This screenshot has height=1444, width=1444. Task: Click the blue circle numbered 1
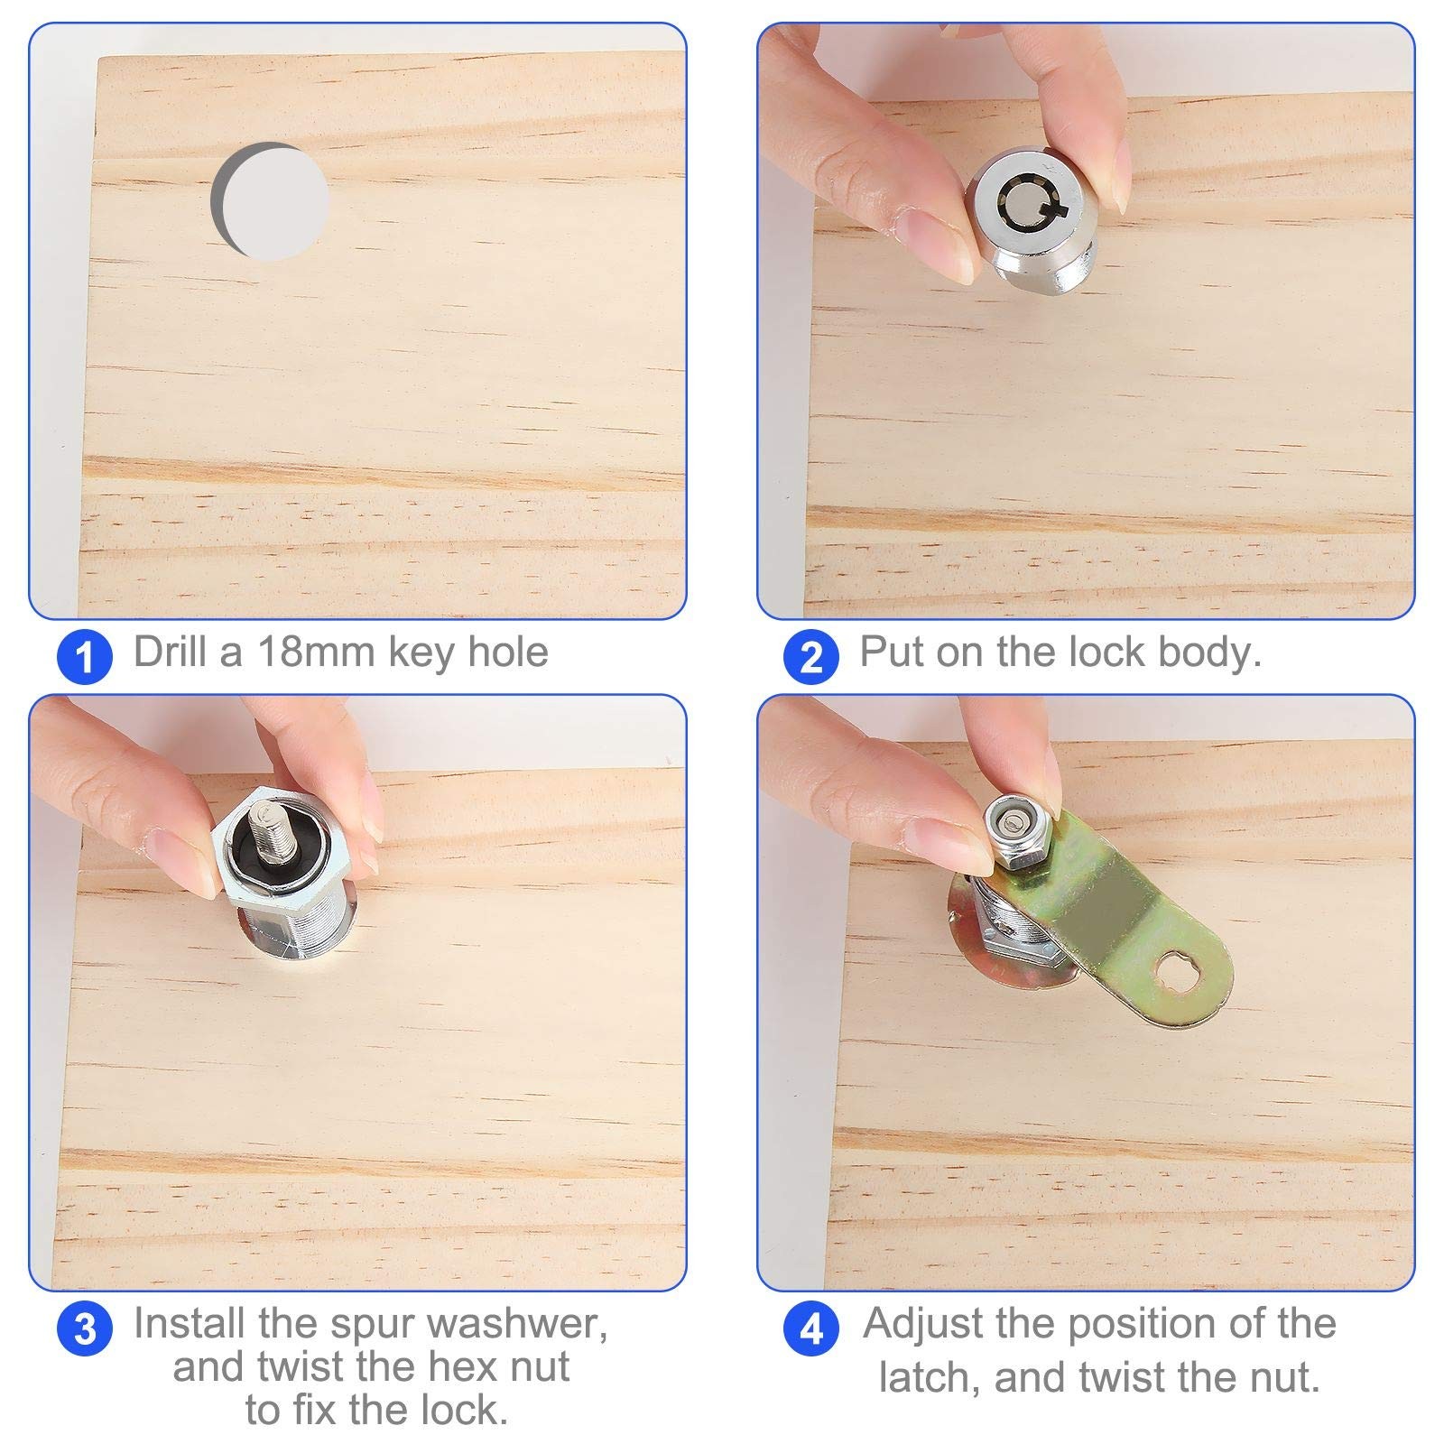click(x=84, y=656)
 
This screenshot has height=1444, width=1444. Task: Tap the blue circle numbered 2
click(x=811, y=656)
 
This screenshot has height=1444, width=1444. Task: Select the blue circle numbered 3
click(x=84, y=1328)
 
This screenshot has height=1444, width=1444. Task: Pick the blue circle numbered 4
click(x=811, y=1328)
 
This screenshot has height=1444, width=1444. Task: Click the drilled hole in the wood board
click(x=271, y=201)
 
